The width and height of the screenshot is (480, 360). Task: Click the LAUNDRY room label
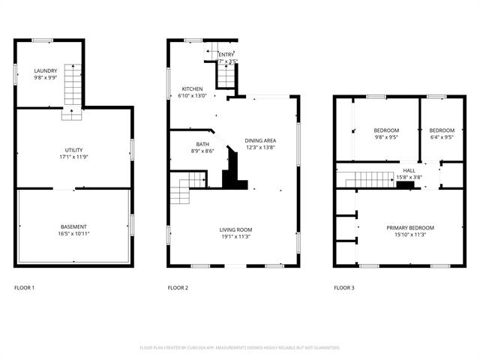pyautogui.click(x=46, y=71)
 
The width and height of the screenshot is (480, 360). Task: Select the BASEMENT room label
pyautogui.click(x=73, y=226)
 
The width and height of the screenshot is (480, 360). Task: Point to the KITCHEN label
pyautogui.click(x=192, y=89)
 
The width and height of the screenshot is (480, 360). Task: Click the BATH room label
pyautogui.click(x=203, y=144)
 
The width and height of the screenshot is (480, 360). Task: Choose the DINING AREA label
pyautogui.click(x=261, y=141)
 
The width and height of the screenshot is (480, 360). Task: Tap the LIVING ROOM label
pyautogui.click(x=235, y=229)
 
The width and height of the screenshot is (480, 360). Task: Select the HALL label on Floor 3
pyautogui.click(x=409, y=171)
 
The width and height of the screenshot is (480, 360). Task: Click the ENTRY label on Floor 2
pyautogui.click(x=226, y=55)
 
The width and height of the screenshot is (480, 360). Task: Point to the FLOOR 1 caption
pyautogui.click(x=24, y=288)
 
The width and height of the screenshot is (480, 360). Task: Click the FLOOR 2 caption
pyautogui.click(x=178, y=288)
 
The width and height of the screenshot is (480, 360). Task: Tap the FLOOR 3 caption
pyautogui.click(x=344, y=288)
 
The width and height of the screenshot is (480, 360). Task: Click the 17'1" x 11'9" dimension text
pyautogui.click(x=73, y=157)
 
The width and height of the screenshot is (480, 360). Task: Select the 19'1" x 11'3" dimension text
pyautogui.click(x=235, y=237)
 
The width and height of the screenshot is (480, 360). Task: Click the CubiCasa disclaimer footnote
pyautogui.click(x=240, y=348)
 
